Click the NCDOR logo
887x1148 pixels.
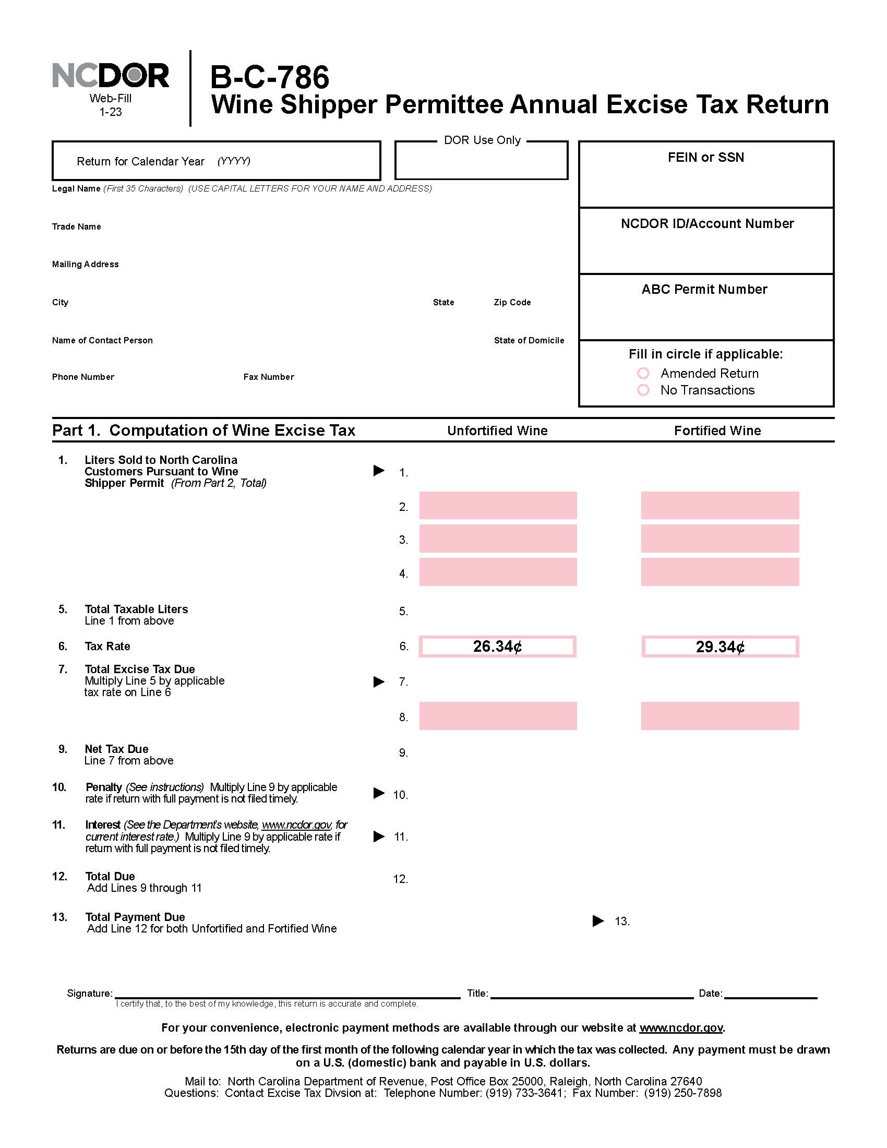[x=110, y=76]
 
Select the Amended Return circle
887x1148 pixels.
[x=643, y=373]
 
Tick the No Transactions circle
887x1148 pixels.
[x=643, y=390]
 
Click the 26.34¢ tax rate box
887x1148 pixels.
[x=497, y=647]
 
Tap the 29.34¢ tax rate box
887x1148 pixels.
[x=720, y=647]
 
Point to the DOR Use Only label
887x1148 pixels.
[x=482, y=140]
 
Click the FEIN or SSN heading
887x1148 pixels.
[x=706, y=158]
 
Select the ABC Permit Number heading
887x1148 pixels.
[x=704, y=290]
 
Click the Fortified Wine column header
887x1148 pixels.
[x=717, y=431]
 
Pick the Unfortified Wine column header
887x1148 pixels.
[x=497, y=431]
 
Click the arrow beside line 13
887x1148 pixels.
[x=598, y=921]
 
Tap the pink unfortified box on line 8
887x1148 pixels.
[x=498, y=716]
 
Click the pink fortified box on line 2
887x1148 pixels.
[x=720, y=506]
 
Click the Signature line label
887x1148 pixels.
[x=89, y=993]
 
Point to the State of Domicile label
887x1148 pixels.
[x=529, y=341]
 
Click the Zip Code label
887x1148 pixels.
[x=512, y=302]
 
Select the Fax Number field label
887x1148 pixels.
[x=269, y=377]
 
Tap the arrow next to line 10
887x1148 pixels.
[x=379, y=793]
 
